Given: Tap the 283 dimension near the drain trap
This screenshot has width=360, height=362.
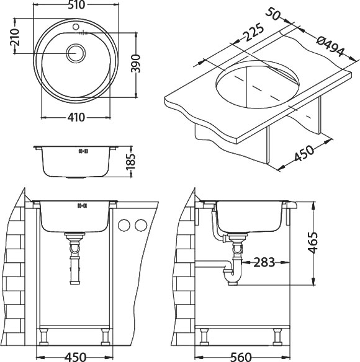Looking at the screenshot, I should tap(265, 263).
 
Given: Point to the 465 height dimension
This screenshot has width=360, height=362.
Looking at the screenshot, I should tap(314, 243).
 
